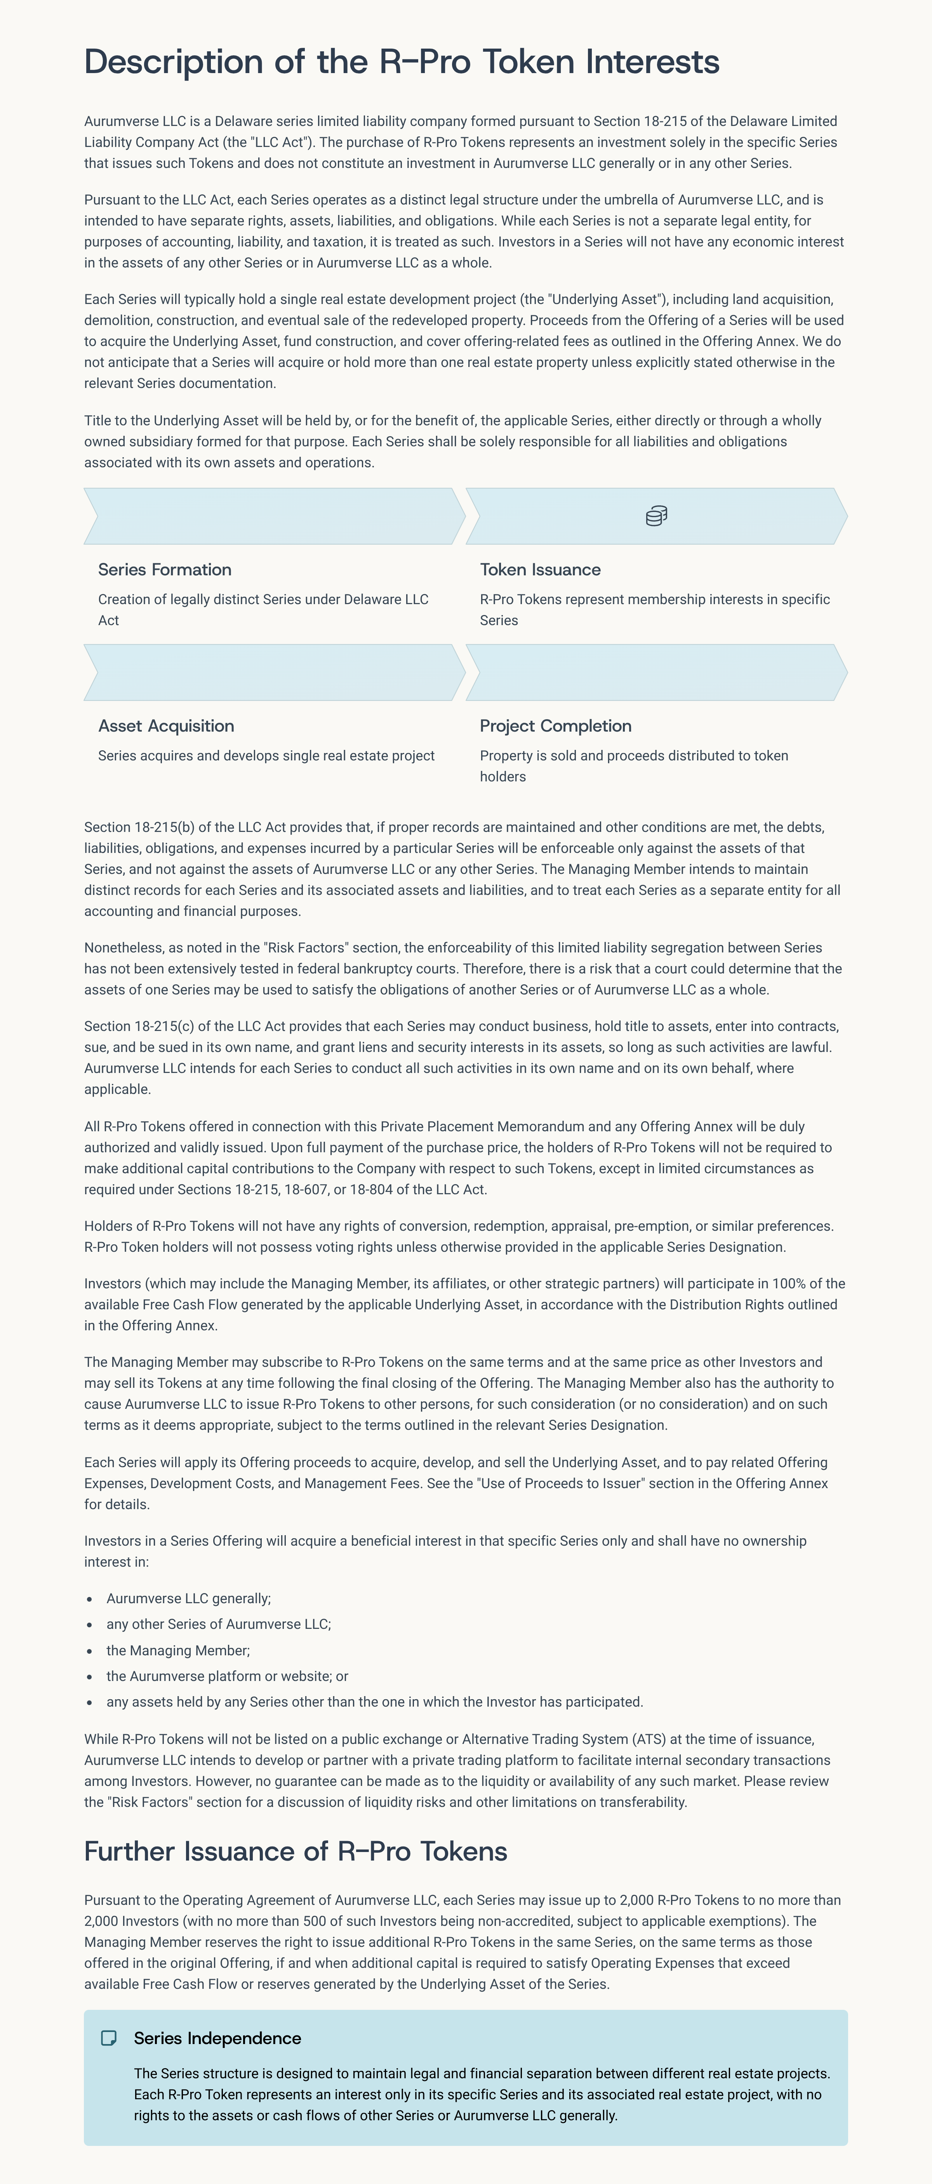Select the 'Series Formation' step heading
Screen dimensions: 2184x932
tap(164, 570)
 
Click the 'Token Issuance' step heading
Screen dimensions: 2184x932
tap(540, 570)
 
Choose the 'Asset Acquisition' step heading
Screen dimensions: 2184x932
tap(166, 726)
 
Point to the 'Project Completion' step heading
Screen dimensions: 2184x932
tap(555, 726)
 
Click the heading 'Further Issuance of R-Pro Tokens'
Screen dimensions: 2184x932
tap(295, 1851)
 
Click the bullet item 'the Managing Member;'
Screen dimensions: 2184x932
tap(178, 1650)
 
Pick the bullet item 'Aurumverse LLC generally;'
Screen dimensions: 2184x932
tap(188, 1598)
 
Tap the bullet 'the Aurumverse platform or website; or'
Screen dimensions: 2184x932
tap(227, 1676)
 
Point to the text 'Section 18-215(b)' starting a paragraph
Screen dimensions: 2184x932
tap(132, 826)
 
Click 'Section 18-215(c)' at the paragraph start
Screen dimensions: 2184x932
tap(132, 1026)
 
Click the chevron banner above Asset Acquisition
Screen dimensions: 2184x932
tap(274, 672)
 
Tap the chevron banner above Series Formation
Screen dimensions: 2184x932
tap(274, 515)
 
